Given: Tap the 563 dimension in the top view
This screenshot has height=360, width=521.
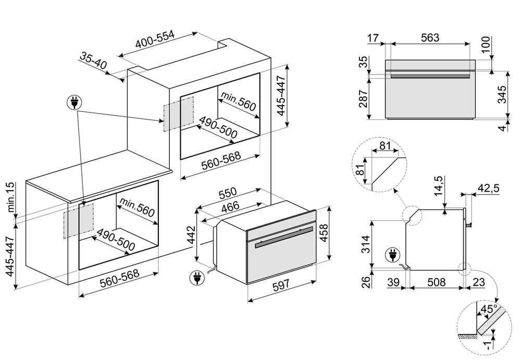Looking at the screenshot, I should [x=429, y=37].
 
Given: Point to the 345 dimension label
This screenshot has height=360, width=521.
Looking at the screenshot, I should [x=502, y=95].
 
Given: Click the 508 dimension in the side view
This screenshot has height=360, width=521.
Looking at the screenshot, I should [x=436, y=282].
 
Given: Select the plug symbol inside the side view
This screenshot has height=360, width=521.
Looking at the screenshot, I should [x=391, y=256].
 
